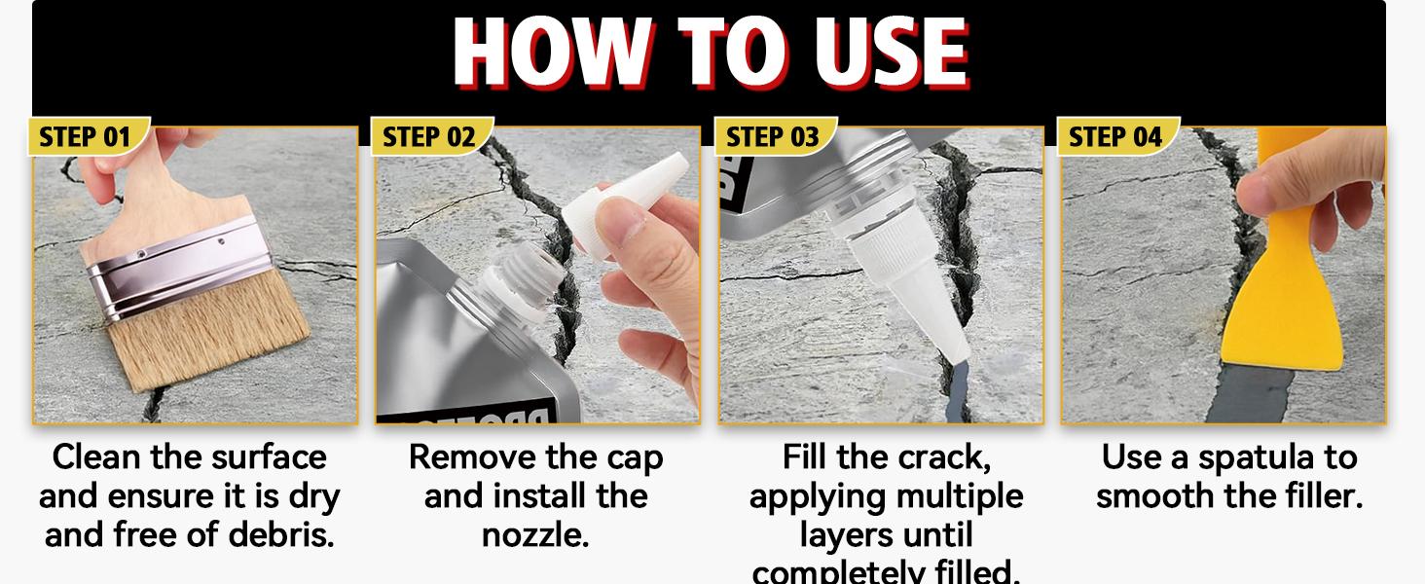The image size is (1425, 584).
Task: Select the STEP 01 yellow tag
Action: tap(86, 136)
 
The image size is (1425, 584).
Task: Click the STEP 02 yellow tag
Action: tap(429, 136)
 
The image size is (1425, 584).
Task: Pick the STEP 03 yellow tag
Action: tap(773, 136)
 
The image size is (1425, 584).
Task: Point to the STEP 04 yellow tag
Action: tap(1115, 136)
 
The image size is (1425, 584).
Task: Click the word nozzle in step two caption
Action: tap(535, 535)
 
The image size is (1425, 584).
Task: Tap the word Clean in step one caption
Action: tap(95, 457)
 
